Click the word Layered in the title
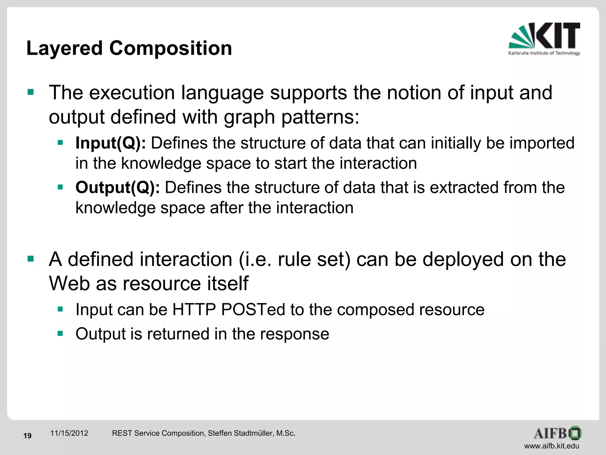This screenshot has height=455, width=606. [65, 48]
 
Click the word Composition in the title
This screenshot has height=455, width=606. [171, 48]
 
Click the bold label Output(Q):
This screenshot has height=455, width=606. [117, 188]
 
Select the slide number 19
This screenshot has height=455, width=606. [28, 436]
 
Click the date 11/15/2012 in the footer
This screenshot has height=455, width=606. [69, 433]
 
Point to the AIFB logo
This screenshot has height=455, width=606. [557, 433]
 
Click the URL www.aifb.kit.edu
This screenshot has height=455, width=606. [552, 446]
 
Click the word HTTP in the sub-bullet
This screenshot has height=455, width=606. [194, 310]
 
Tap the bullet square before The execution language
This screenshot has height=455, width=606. [31, 92]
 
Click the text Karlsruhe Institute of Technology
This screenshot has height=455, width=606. [544, 53]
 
